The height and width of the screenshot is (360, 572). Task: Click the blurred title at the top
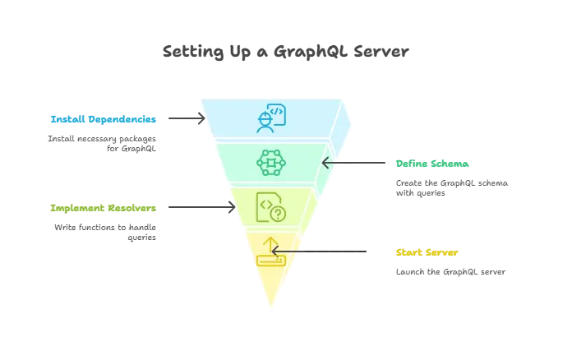285,53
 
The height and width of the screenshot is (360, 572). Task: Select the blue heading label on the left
102,118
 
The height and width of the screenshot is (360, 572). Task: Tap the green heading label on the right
432,164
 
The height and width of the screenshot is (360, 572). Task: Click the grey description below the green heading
453,187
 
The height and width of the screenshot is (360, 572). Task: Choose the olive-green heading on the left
102,209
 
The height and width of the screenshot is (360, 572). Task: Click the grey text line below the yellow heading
450,270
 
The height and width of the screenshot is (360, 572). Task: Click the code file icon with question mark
270,205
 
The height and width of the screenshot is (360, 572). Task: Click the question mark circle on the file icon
278,214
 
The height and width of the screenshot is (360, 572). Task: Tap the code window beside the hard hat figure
277,113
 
